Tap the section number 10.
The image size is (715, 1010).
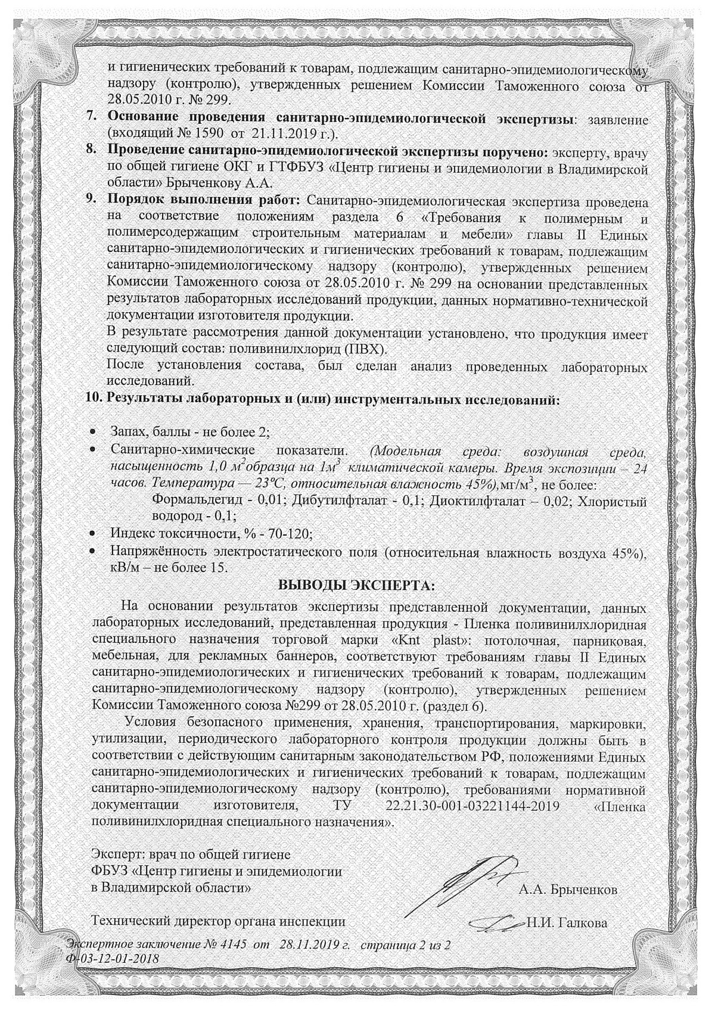click(x=95, y=399)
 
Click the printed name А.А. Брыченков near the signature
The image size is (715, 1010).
click(x=568, y=890)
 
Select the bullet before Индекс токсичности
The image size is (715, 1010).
click(x=93, y=533)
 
